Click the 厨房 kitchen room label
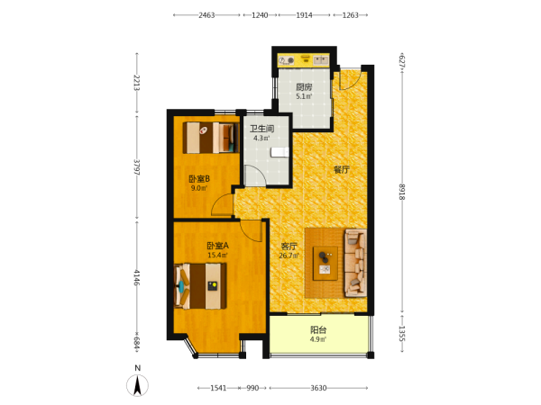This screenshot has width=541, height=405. click(x=304, y=87)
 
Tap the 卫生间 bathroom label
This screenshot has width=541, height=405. click(x=261, y=129)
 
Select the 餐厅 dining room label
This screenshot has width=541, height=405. click(x=342, y=169)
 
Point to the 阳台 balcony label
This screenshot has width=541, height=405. click(x=318, y=330)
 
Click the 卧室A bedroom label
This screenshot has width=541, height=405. click(x=217, y=246)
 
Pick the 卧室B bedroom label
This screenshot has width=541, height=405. click(x=199, y=179)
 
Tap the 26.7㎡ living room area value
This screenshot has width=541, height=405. click(x=289, y=256)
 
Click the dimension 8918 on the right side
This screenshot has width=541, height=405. click(x=402, y=192)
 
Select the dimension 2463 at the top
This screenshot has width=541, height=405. click(x=206, y=15)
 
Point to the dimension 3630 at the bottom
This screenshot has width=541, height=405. click(x=318, y=388)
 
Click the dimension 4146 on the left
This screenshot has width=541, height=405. click(x=137, y=277)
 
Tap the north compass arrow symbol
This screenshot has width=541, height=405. click(x=137, y=385)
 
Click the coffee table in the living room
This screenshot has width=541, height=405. click(x=325, y=264)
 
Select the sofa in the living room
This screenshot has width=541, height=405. click(x=355, y=263)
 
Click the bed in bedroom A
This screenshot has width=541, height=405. click(x=200, y=286)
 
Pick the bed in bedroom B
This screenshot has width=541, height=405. click(x=211, y=138)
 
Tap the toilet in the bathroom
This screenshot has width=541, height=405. click(x=280, y=152)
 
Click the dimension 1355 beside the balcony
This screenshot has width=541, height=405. click(x=402, y=333)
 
